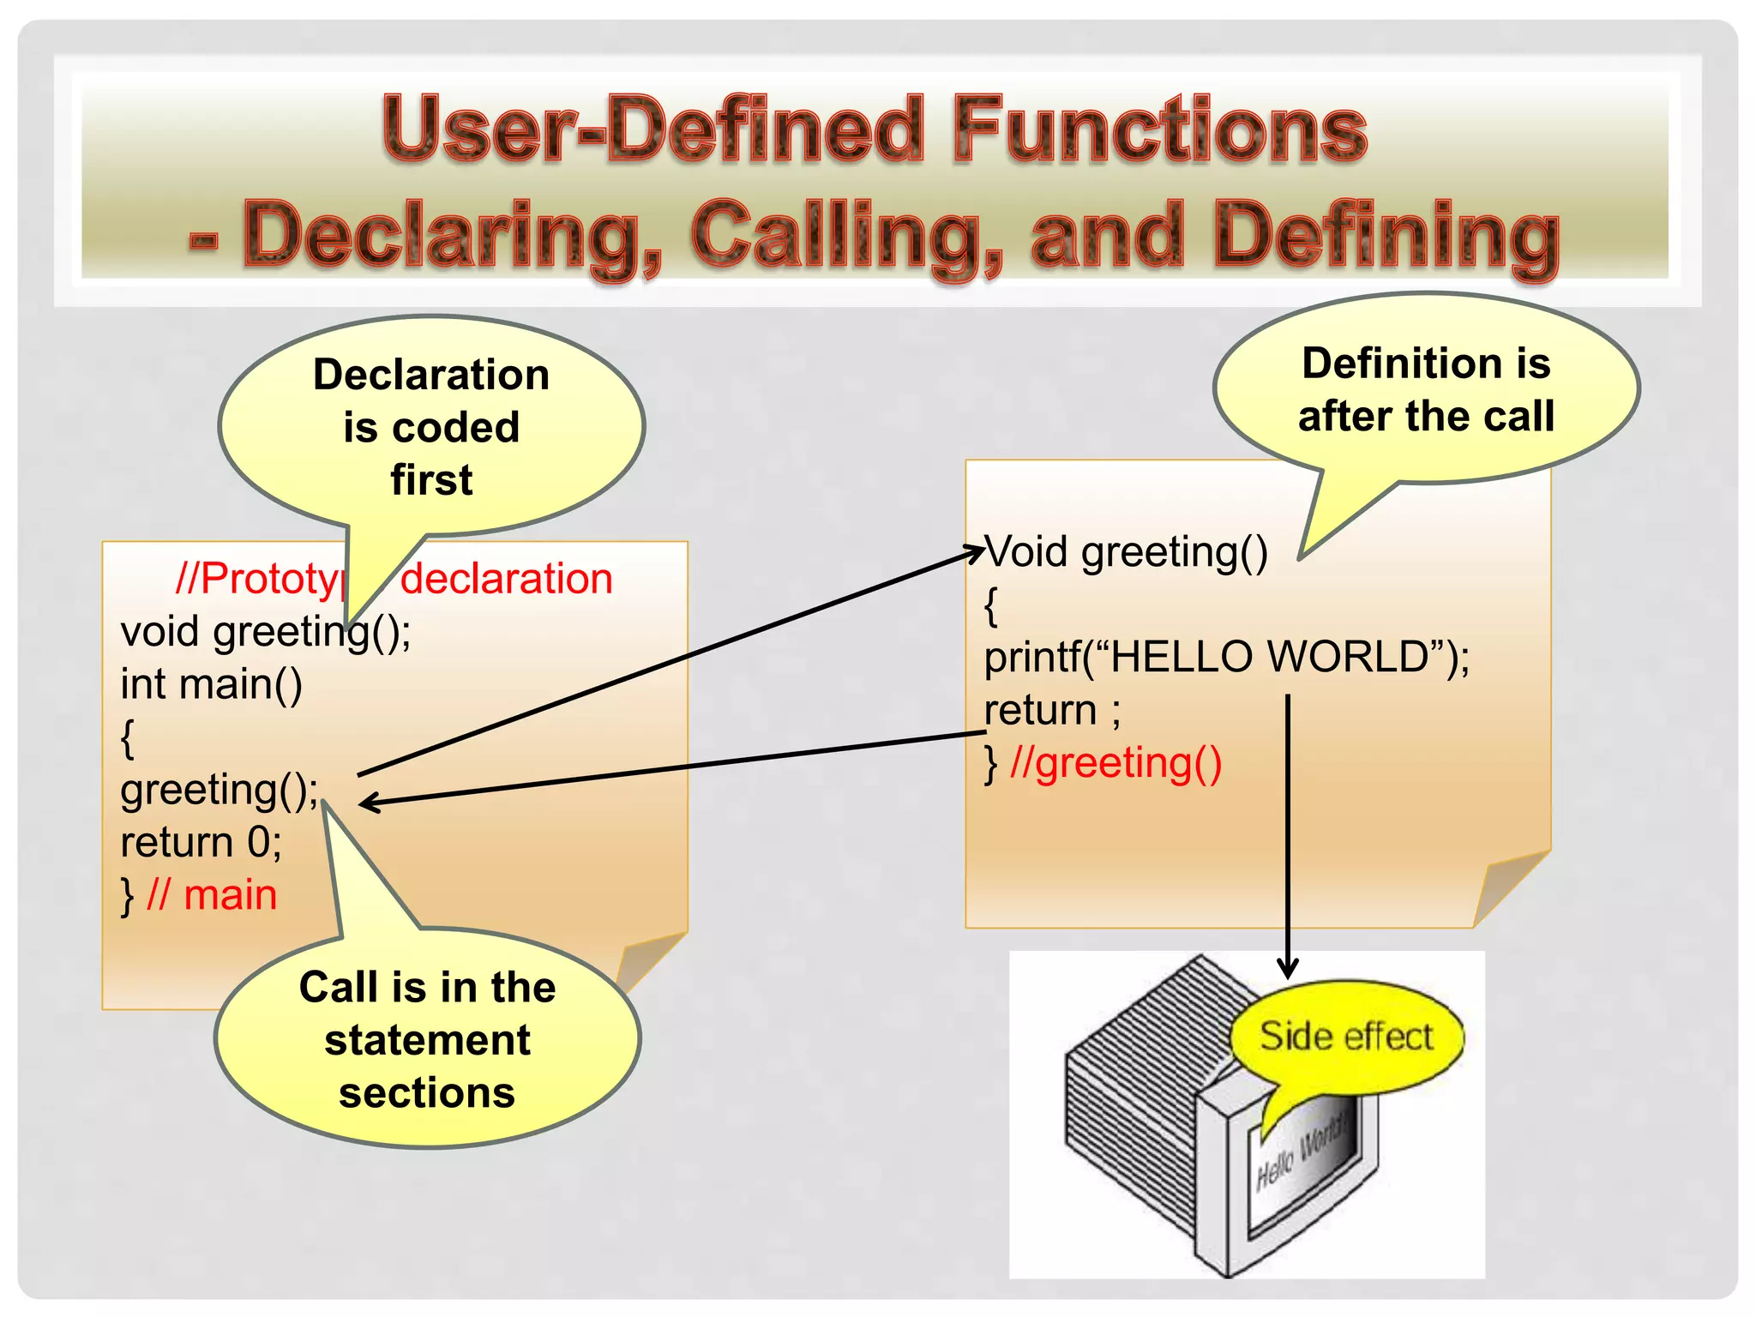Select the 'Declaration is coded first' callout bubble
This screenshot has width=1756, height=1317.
[431, 426]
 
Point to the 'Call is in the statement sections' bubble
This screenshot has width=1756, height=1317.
[427, 1039]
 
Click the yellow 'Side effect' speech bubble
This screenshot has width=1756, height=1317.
[1346, 1037]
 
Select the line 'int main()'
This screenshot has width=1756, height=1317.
[212, 684]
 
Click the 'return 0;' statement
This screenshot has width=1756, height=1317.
[201, 843]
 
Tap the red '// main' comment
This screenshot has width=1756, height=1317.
[212, 896]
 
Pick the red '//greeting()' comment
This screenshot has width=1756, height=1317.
[1116, 763]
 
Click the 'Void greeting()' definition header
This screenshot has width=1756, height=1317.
[1126, 551]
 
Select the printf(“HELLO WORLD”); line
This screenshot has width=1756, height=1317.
[1226, 658]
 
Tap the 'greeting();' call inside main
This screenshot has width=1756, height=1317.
[219, 790]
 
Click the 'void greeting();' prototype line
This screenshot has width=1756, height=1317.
[266, 632]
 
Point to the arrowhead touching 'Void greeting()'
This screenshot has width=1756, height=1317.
[976, 553]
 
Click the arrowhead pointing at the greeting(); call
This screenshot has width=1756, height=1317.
[367, 803]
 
